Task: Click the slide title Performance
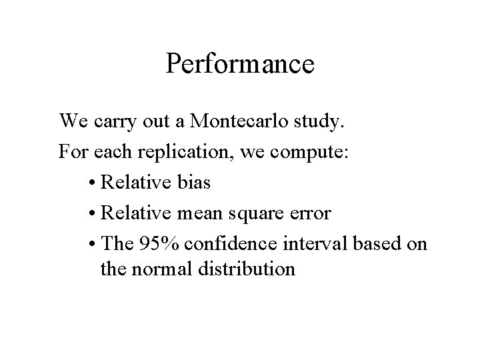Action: pos(240,65)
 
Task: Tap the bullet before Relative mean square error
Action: pos(91,215)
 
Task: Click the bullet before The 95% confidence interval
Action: pos(91,243)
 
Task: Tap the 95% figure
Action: pos(151,243)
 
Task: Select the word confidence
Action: pos(221,243)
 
